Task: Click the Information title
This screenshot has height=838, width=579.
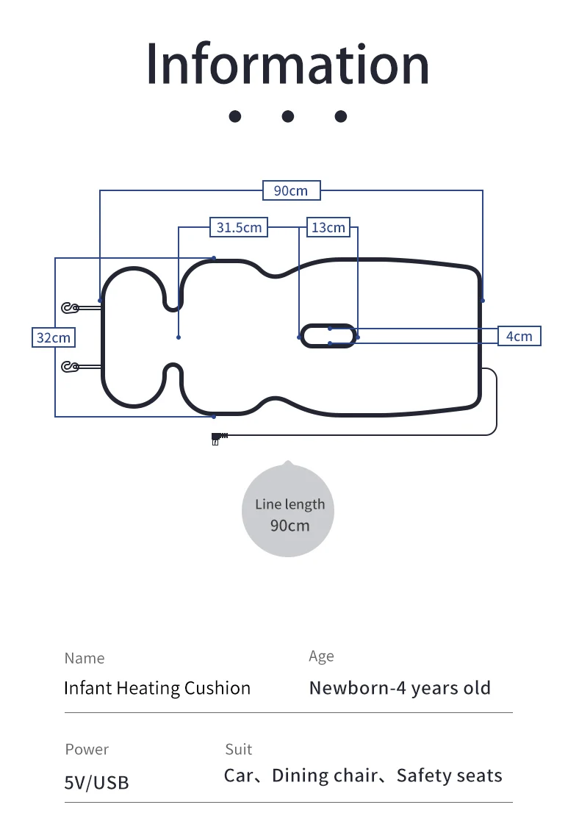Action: tap(287, 64)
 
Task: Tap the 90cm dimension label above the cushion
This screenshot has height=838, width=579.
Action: tap(291, 190)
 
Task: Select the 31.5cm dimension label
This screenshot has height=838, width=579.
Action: tap(239, 227)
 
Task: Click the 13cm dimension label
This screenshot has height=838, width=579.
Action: tap(328, 227)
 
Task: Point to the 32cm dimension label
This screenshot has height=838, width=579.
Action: tap(54, 337)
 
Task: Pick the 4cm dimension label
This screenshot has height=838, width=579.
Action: tap(519, 336)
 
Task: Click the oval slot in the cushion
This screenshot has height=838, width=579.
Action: tap(328, 336)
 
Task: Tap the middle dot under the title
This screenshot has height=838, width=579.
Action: tap(288, 116)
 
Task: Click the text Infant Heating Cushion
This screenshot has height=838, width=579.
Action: tap(157, 688)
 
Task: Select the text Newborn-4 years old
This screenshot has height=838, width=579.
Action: tap(400, 688)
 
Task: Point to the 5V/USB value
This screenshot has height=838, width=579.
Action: tap(96, 783)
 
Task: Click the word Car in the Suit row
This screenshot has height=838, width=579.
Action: tap(239, 776)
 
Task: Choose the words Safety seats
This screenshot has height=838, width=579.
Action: tap(449, 776)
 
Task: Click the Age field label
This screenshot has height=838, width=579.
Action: tap(321, 656)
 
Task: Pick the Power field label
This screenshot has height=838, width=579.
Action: tap(87, 749)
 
